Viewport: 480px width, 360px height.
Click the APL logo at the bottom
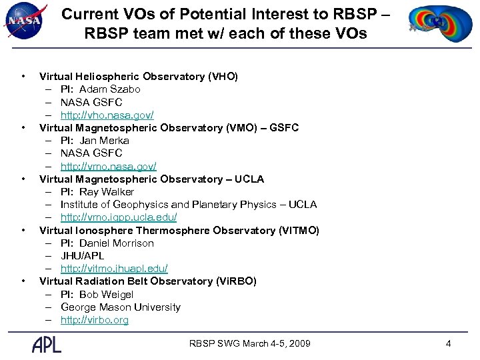(47, 344)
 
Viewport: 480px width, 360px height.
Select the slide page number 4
(448, 344)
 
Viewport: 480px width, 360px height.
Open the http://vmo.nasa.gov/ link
(108, 166)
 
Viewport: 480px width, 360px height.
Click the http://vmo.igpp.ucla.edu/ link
(118, 217)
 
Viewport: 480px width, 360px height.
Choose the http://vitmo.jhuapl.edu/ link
(114, 269)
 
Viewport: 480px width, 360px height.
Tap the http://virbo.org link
(95, 320)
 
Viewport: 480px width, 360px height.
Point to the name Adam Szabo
(109, 89)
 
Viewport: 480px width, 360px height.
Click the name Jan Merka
(104, 141)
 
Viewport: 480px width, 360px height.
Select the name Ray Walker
(107, 192)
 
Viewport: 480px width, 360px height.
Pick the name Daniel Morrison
(116, 243)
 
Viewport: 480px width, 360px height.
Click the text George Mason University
(120, 307)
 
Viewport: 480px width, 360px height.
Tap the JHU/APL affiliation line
(82, 256)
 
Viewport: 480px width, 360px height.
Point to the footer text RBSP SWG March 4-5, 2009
(250, 344)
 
